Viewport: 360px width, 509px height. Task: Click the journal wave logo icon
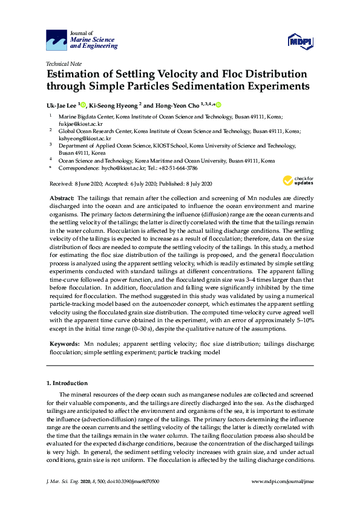tap(57, 40)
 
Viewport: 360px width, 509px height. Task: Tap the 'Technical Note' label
tap(63, 62)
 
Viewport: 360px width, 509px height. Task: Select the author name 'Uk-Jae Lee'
tap(61, 105)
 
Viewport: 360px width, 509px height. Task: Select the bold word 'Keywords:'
tap(64, 343)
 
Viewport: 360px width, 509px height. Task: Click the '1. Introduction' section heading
tap(67, 383)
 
